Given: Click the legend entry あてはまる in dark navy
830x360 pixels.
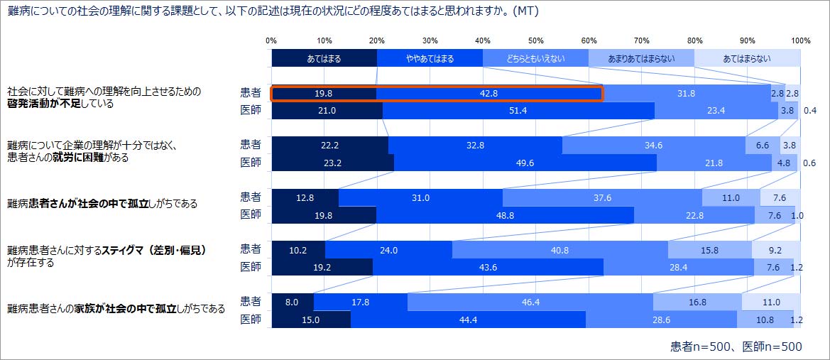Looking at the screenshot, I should pos(324,59).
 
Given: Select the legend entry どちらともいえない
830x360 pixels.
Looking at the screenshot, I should pos(535,59).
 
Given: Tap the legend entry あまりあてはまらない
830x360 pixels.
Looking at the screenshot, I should pos(641,59).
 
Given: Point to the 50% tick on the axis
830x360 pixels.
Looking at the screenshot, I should pos(536,40).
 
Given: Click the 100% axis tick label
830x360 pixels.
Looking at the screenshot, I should pos(800,40).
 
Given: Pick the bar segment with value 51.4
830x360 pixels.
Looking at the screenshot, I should pos(518,111).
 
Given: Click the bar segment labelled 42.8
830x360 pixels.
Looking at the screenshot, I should pos(489,93).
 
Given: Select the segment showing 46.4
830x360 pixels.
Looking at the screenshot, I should pos(530,302).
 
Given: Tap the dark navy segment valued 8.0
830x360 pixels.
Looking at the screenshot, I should pos(292,302).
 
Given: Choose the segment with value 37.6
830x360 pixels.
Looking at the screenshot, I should pos(602,197).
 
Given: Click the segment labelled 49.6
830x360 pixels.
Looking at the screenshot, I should pos(525,163).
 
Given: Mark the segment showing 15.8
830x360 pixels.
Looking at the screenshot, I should pos(709,250).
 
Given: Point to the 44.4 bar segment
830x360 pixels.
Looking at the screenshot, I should pos(468,320).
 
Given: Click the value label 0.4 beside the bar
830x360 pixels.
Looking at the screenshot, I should pos(809,111).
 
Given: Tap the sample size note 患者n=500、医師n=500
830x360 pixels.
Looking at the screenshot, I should pos(736,347).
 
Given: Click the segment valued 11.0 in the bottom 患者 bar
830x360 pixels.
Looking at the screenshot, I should pos(770,302).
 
